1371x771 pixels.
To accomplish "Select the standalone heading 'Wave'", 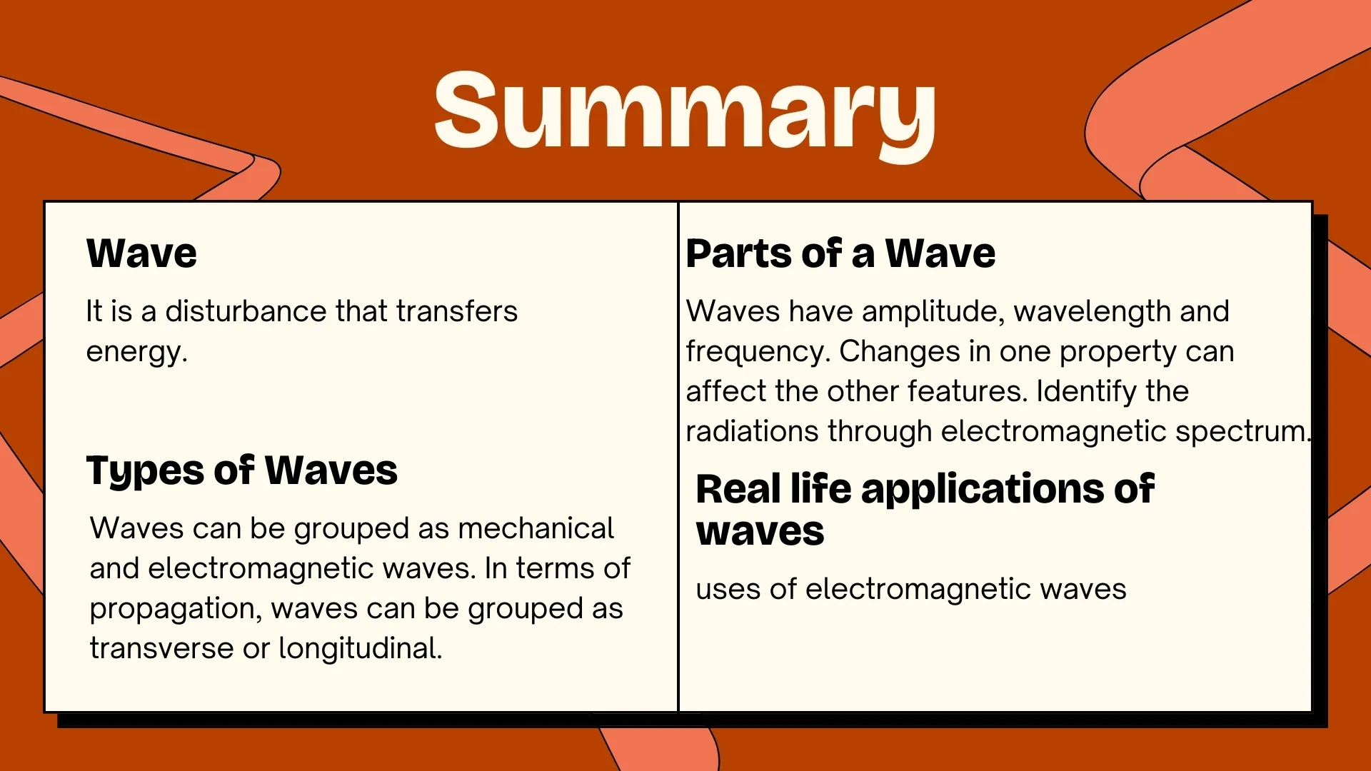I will click(x=141, y=253).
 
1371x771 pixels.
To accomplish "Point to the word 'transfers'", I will click(x=457, y=311).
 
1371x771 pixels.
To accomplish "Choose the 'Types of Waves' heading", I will click(x=241, y=471).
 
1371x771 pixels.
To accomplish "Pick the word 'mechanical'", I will click(x=536, y=528).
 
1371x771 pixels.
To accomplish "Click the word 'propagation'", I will click(x=174, y=609).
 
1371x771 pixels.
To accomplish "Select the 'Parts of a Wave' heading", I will click(x=840, y=253).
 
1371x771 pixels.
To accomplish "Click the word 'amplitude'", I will click(x=933, y=311).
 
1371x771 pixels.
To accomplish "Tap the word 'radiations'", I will click(x=752, y=431).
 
